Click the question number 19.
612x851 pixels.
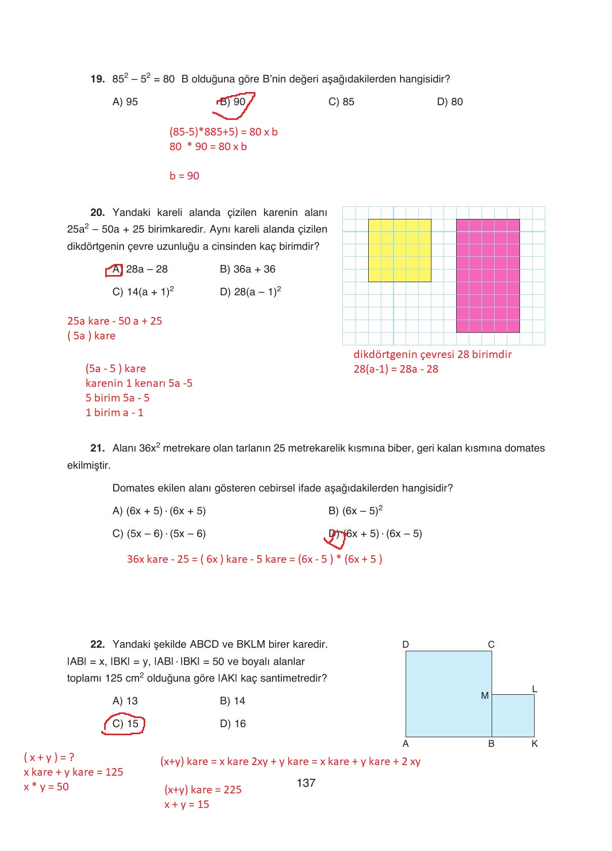pos(98,79)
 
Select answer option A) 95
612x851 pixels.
pos(125,102)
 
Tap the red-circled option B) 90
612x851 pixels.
pos(234,102)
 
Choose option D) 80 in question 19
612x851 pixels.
pos(450,102)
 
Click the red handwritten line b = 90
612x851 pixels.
pos(184,176)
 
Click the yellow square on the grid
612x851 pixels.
pos(400,250)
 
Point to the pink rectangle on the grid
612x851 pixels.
pos(488,276)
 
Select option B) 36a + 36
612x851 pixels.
pos(247,269)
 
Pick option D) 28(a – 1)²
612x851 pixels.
pos(250,291)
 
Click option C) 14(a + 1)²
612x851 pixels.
pos(143,291)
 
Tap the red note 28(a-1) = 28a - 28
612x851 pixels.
pos(396,369)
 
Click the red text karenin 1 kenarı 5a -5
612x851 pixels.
pos(139,383)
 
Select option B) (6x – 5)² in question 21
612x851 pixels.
pos(355,511)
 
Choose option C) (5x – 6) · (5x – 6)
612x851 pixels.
pos(159,533)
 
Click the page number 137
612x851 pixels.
pos(306,783)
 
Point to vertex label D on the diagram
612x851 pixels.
pos(405,645)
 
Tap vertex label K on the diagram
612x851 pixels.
pos(535,744)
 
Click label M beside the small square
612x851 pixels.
pos(485,696)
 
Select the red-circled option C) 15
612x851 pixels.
pos(125,724)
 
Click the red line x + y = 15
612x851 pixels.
pos(186,804)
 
